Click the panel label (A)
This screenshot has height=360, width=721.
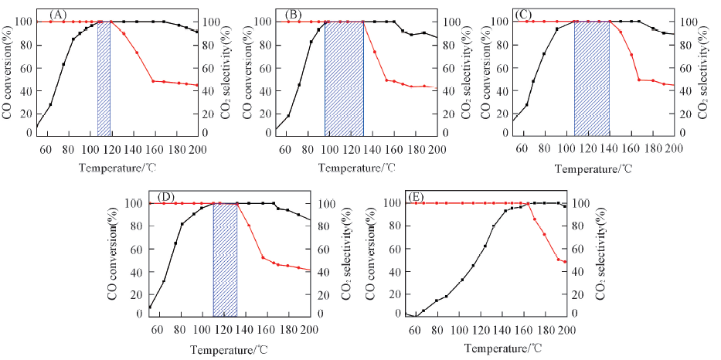(x=56, y=15)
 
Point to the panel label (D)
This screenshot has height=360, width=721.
(x=165, y=196)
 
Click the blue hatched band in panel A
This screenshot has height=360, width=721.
(x=104, y=77)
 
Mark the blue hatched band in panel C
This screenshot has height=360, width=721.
(x=592, y=77)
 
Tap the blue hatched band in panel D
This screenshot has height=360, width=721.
(x=225, y=259)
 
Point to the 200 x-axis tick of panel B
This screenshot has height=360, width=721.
(x=437, y=149)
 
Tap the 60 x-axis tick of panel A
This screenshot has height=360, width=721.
(x=46, y=149)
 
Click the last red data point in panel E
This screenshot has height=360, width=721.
(x=566, y=262)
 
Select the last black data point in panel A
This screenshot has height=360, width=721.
(x=197, y=32)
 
